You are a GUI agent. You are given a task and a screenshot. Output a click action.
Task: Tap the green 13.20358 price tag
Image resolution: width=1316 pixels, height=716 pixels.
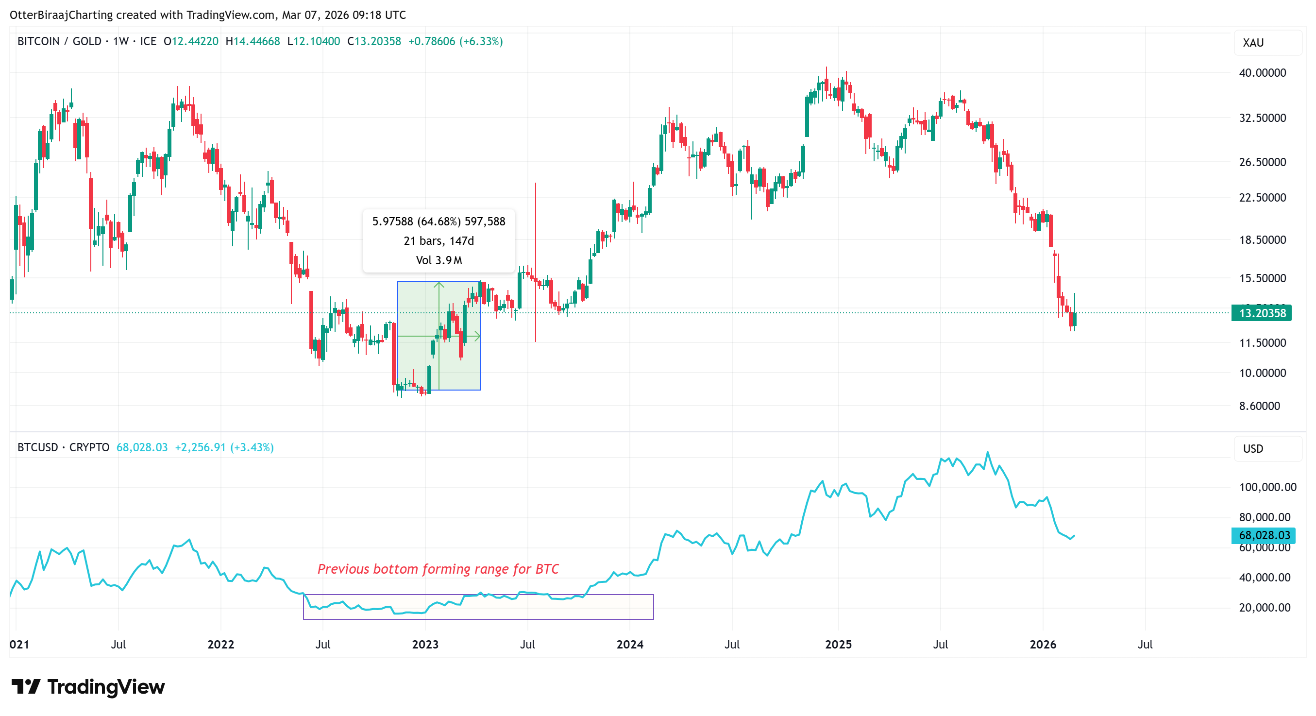[x=1261, y=313]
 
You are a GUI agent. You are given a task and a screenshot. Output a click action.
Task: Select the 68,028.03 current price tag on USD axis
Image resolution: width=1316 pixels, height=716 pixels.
[x=1265, y=535]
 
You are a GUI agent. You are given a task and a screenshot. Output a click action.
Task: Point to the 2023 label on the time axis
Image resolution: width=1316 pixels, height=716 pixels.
[x=425, y=644]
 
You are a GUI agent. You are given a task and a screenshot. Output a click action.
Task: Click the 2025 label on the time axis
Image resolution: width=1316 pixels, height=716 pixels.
[x=838, y=644]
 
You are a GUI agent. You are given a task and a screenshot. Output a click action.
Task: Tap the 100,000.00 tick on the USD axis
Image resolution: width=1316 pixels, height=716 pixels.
[x=1267, y=487]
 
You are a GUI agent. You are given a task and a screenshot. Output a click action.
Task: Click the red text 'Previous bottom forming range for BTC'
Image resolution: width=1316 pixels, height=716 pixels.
[x=438, y=569]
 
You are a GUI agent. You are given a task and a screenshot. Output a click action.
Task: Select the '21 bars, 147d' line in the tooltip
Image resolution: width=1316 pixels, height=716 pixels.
[x=439, y=241]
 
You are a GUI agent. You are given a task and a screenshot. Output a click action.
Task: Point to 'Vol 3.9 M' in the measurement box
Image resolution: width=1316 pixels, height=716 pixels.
[x=439, y=260]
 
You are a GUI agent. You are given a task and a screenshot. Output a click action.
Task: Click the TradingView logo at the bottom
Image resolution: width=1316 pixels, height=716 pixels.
[x=88, y=686]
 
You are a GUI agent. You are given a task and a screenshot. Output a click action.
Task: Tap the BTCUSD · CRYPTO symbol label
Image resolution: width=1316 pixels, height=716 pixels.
[x=63, y=447]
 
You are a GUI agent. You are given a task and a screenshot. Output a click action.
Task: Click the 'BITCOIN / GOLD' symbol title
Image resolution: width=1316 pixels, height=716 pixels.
[x=59, y=41]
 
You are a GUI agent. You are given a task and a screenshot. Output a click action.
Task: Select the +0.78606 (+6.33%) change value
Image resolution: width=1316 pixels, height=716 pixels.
[x=455, y=41]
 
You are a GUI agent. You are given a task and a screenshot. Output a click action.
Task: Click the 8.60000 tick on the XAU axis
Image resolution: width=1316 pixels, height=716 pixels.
[x=1259, y=406]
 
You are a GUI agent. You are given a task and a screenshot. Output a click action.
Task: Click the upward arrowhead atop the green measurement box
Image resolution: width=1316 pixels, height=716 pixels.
[x=439, y=284]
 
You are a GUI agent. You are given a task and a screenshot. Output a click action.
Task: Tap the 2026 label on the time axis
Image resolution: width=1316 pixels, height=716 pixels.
[x=1043, y=644]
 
